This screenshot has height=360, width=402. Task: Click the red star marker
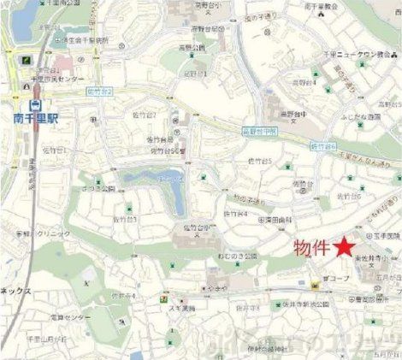(344, 247)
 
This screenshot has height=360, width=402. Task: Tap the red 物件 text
(312, 248)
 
